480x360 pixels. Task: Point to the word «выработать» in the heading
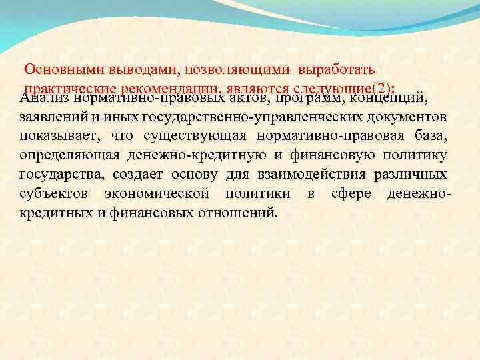point(337,69)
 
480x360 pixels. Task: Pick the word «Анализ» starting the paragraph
point(45,99)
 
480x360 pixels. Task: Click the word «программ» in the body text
point(315,99)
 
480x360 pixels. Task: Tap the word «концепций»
point(389,99)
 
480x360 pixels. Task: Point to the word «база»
point(429,137)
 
